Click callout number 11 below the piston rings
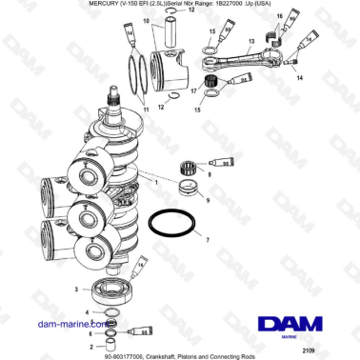(146, 110)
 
